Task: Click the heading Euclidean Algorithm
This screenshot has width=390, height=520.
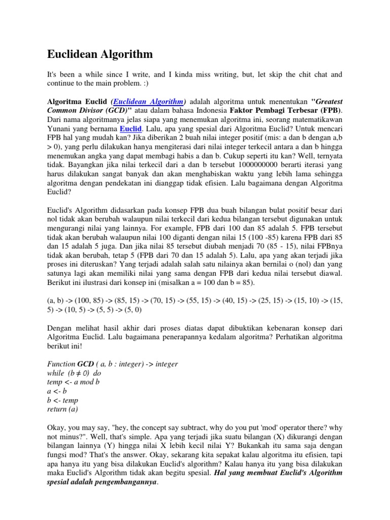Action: click(100, 54)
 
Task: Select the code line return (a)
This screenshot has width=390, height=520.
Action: click(63, 409)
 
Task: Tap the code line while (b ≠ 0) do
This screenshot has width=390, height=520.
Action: click(74, 372)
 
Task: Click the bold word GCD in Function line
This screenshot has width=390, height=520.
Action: click(86, 364)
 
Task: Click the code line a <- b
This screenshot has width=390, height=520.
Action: click(57, 391)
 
